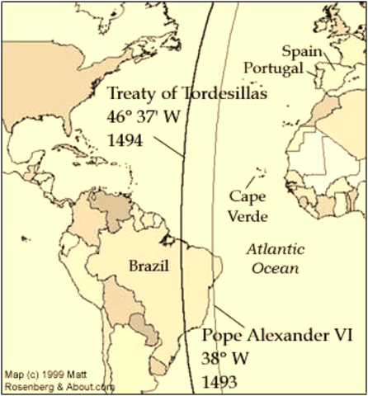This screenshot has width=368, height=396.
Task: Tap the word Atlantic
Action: [x=276, y=248]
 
